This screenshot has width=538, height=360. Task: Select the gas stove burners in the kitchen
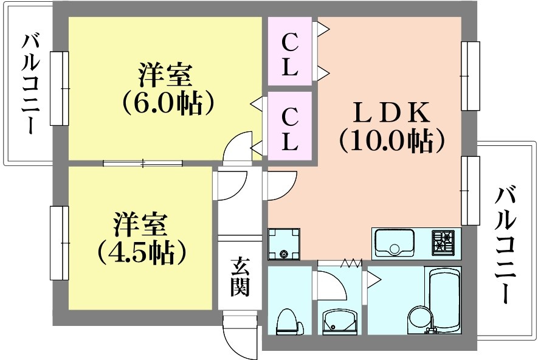pyautogui.click(x=443, y=241)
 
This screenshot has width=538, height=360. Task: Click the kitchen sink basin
pyautogui.click(x=394, y=242)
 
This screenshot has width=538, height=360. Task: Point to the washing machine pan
pyautogui.click(x=283, y=244)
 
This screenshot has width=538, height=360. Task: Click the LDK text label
pyautogui.click(x=391, y=112)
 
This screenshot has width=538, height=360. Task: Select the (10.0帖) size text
pyautogui.click(x=391, y=140)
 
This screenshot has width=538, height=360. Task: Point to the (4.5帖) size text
pyautogui.click(x=142, y=252)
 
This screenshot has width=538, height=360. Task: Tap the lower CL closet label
pyautogui.click(x=289, y=129)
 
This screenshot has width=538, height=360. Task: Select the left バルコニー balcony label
pyautogui.click(x=30, y=84)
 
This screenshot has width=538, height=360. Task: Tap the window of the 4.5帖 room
pyautogui.click(x=60, y=243)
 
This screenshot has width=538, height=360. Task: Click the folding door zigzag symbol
pyautogui.click(x=351, y=263)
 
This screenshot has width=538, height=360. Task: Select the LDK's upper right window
pyautogui.click(x=470, y=76)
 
